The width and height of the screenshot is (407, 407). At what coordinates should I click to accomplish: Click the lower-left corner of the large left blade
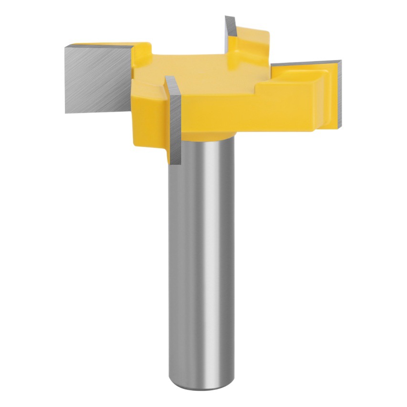tap(66, 112)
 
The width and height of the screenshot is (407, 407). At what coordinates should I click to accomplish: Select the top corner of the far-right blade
tap(340, 61)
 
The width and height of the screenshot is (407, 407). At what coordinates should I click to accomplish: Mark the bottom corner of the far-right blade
tap(338, 126)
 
